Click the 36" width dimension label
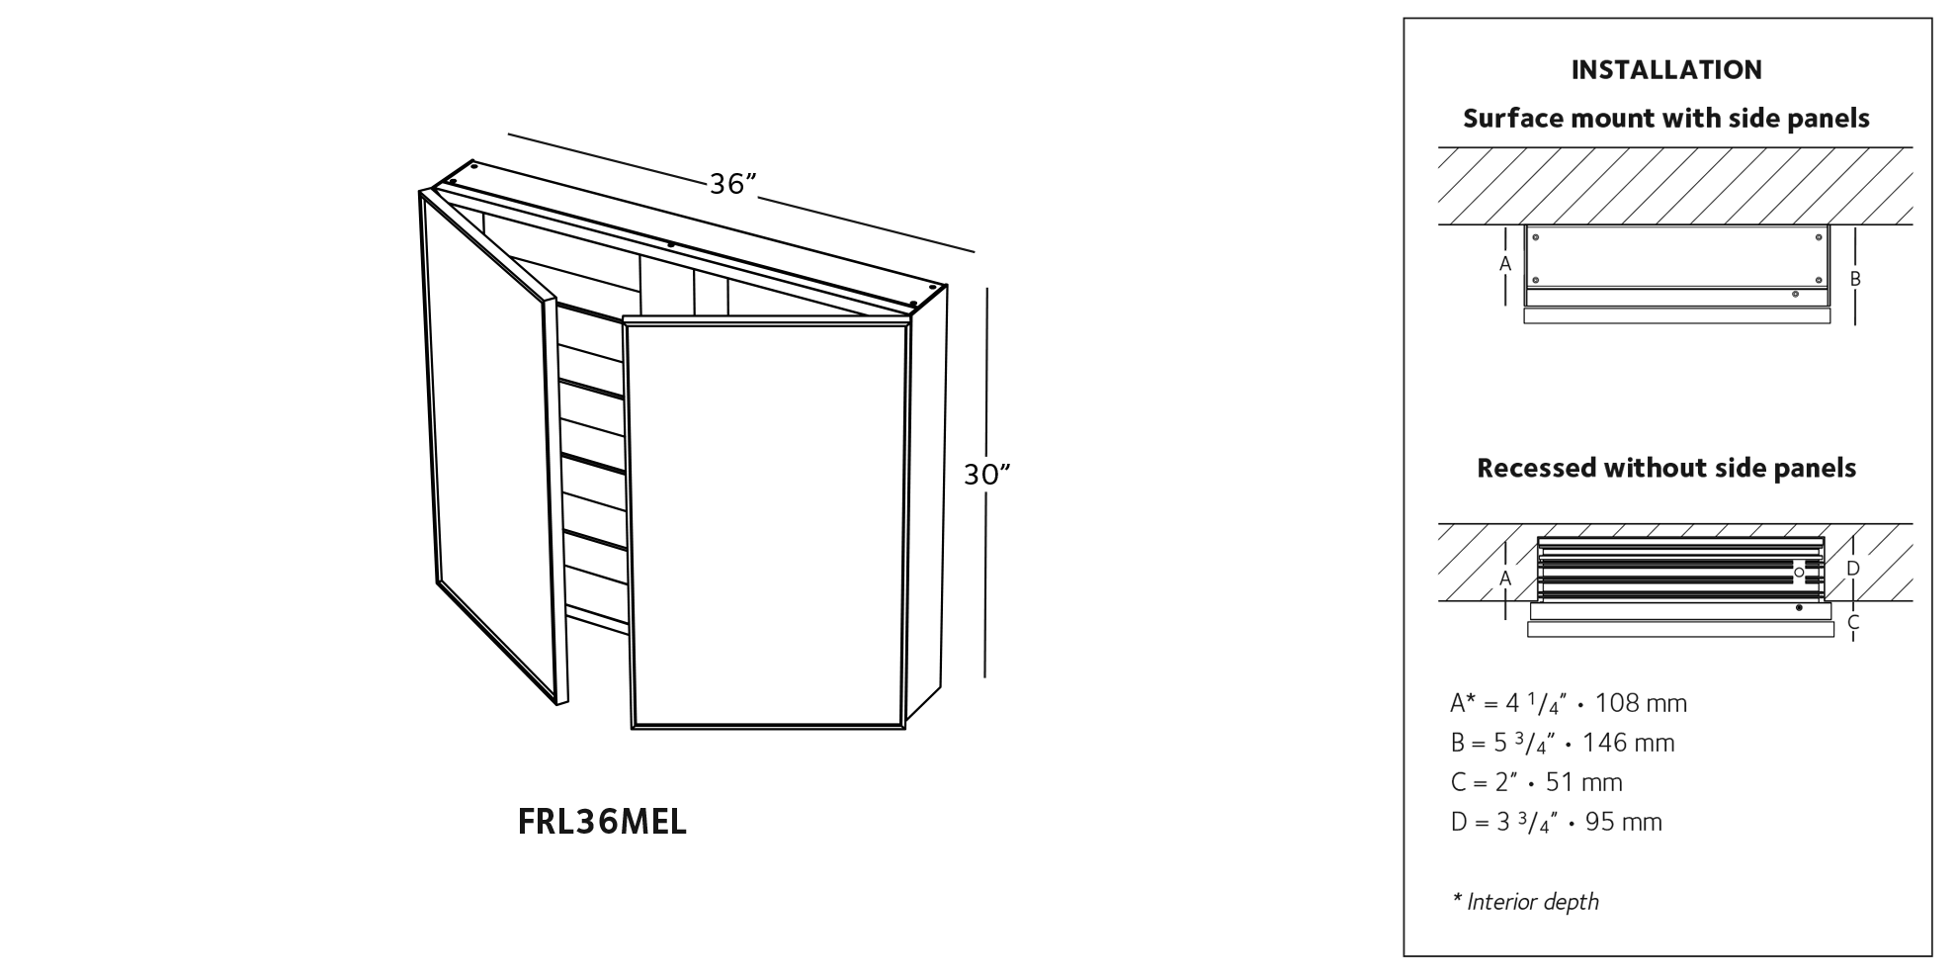pos(733,184)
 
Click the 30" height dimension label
pos(987,476)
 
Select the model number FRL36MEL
pos(602,822)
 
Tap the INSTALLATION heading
pos(1666,70)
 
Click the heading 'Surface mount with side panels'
pos(1666,119)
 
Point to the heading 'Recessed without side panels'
pos(1666,468)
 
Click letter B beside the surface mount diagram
pos(1855,280)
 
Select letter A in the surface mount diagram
pos(1505,264)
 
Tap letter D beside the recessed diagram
pos(1853,569)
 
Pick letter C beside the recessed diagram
pos(1853,622)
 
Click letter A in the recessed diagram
pos(1505,578)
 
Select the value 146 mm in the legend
pos(1629,743)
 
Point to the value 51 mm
pos(1584,782)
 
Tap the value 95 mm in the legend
pos(1624,822)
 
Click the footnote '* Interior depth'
pos(1525,902)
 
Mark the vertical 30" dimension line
pos(986,483)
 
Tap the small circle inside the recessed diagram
pos(1799,573)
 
